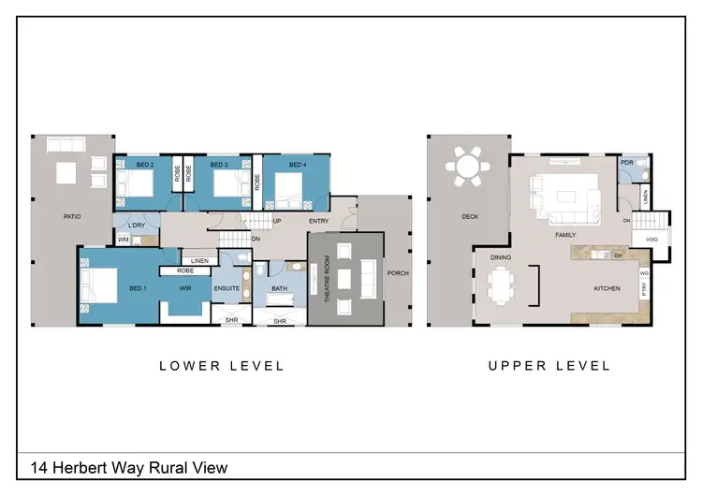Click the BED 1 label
click(x=138, y=288)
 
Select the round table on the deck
click(x=466, y=168)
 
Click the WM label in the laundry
click(x=123, y=241)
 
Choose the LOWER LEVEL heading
click(x=222, y=366)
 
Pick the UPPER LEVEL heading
click(x=549, y=366)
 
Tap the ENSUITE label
click(x=227, y=288)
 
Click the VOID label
click(x=651, y=241)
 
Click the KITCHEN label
click(x=607, y=288)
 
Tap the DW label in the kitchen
click(x=620, y=255)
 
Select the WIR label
click(x=185, y=288)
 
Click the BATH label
click(x=279, y=288)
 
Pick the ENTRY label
click(x=317, y=222)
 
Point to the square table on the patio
click(x=66, y=173)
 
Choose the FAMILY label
click(x=564, y=235)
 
